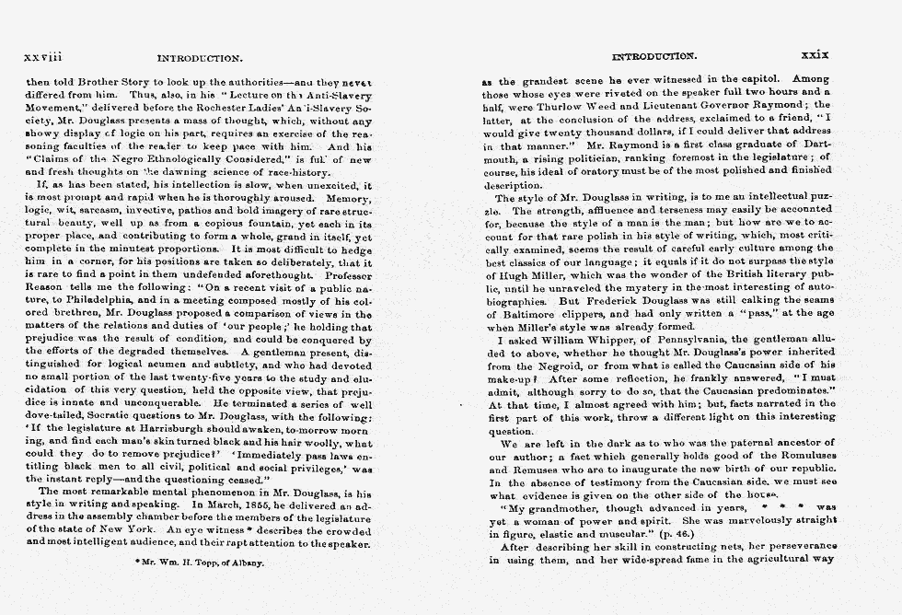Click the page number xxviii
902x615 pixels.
[42, 58]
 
